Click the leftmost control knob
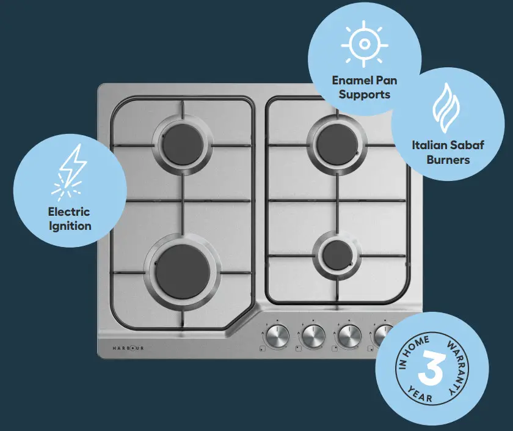[277, 335]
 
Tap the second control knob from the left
[313, 335]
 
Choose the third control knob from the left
[349, 335]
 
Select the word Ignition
[70, 226]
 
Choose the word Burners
[448, 160]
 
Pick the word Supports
[365, 94]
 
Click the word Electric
[69, 212]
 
